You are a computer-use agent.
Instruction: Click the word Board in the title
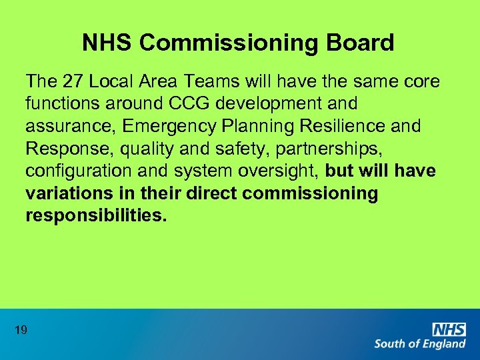360,43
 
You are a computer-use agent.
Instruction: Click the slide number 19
20,329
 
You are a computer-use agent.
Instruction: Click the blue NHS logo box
449,329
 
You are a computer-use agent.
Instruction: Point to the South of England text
420,344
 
